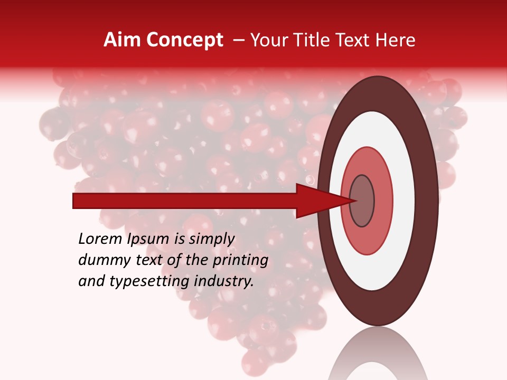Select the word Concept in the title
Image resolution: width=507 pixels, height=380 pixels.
[184, 40]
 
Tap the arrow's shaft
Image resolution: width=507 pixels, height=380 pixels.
[185, 201]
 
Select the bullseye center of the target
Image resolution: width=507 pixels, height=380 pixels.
[362, 201]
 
